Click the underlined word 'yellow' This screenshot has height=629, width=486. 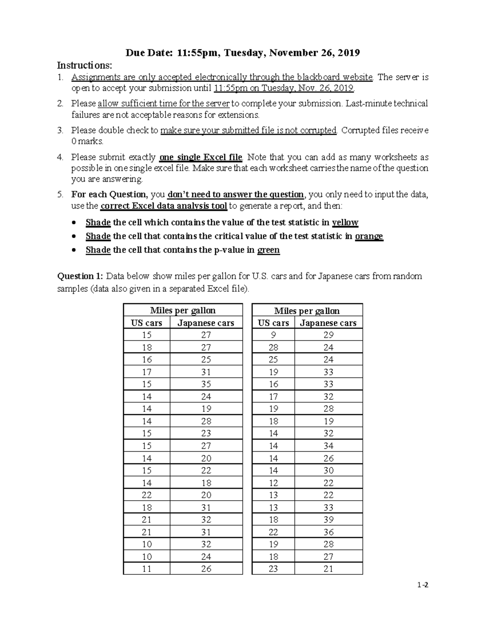point(345,222)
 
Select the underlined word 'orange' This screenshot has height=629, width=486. point(369,236)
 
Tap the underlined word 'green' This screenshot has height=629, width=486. point(269,250)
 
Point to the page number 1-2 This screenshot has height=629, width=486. point(424,585)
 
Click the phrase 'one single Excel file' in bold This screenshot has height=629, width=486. point(201,157)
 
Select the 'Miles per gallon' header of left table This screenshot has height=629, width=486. point(183,311)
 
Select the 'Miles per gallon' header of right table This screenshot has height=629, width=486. point(307,311)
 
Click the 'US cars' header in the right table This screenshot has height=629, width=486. point(273,323)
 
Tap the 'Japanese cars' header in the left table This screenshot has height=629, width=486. point(206,323)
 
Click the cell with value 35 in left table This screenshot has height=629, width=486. point(206,384)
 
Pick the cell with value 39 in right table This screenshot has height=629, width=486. point(328,520)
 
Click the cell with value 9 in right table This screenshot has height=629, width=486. point(273,335)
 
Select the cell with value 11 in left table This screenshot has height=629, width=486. point(147,569)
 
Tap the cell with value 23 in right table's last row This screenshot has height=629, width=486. point(273,569)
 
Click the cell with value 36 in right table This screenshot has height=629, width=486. point(328,532)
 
